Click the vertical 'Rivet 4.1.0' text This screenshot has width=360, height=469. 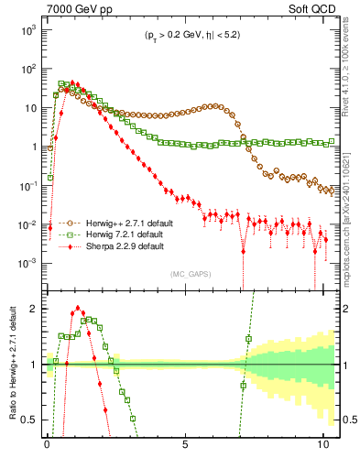point(351,64)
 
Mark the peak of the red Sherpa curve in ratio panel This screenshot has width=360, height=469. point(78,309)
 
